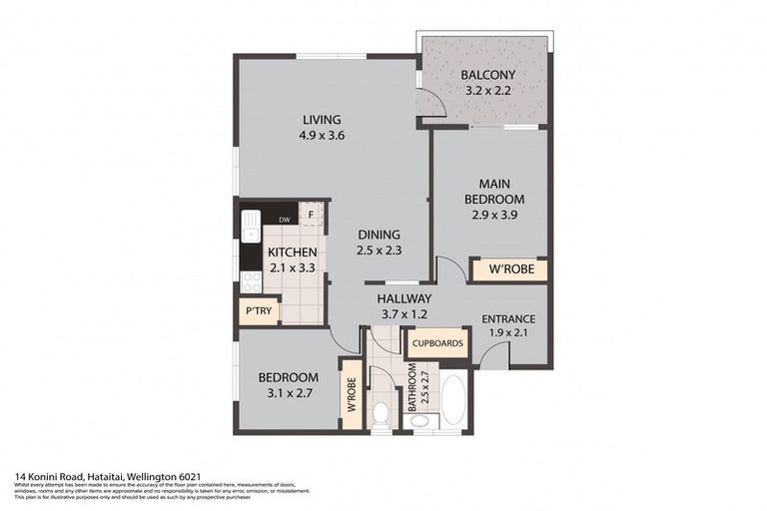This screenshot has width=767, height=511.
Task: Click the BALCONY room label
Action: [x=487, y=75]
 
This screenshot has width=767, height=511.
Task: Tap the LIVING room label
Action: [x=322, y=120]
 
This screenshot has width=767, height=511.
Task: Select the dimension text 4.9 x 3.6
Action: [x=322, y=136]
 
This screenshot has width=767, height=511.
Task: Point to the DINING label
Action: [x=380, y=236]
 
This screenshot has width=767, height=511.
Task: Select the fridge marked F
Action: [x=312, y=215]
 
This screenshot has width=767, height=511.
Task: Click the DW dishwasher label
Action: [x=284, y=220]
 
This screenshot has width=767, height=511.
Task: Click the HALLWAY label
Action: [x=403, y=298]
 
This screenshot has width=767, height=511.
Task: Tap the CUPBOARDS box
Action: [x=436, y=343]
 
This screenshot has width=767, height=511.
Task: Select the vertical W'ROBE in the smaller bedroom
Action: [x=352, y=394]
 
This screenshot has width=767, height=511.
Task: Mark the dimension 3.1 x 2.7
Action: [x=288, y=393]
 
